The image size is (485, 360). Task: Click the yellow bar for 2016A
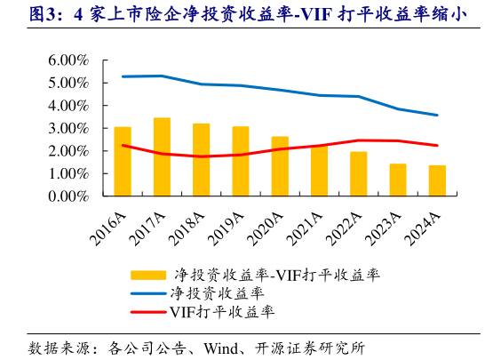123,162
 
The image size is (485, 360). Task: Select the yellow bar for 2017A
162,156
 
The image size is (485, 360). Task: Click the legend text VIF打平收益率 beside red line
221,312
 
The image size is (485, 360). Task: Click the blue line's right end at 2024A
437,115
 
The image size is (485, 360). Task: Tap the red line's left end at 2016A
123,145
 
